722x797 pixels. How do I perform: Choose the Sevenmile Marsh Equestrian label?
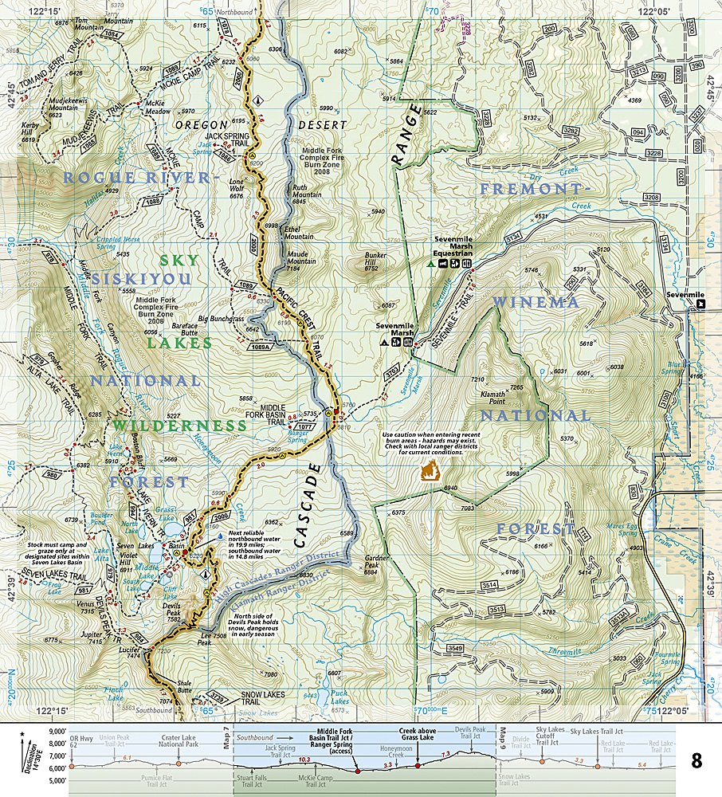tap(453, 244)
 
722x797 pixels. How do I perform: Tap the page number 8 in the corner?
tap(696, 760)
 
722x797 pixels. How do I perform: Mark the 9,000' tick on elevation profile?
tap(56, 731)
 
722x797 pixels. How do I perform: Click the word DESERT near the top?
tap(322, 125)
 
